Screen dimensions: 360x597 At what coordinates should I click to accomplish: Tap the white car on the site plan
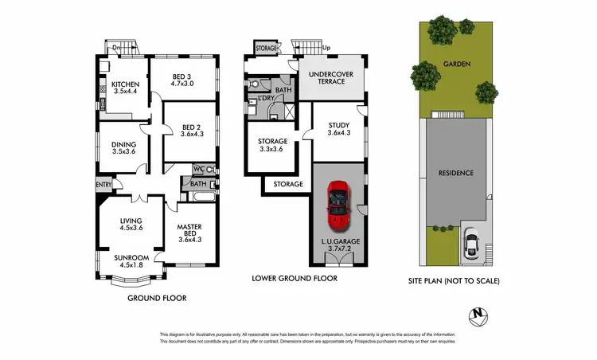coord(472,243)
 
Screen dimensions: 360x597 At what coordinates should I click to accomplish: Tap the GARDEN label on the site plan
coord(458,65)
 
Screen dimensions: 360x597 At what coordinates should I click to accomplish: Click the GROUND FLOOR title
coord(158,299)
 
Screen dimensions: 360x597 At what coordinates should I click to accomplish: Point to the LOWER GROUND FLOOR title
coord(295,279)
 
